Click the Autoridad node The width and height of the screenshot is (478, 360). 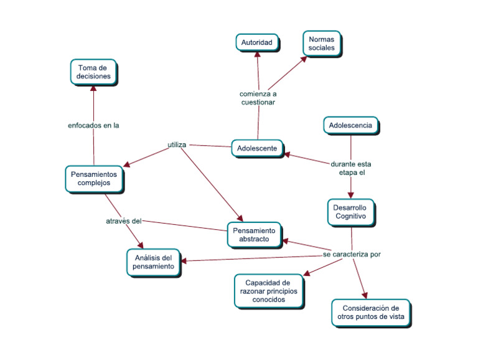coord(256,42)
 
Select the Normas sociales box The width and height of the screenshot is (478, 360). coord(321,43)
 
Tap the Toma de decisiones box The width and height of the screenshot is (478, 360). coord(93,72)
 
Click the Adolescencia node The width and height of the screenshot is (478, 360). coord(350,125)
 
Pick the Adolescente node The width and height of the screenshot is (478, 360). coord(257,148)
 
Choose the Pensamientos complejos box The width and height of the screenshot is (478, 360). coord(94,179)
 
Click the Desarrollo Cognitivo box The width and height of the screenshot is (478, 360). coord(351,212)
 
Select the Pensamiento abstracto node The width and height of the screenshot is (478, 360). coord(254,235)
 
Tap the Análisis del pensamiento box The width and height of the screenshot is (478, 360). coord(153,262)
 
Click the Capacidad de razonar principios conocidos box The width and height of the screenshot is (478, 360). coord(269,291)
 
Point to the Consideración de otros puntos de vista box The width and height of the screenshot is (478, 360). coord(371,313)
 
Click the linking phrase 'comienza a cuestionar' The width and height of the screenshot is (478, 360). coord(258,98)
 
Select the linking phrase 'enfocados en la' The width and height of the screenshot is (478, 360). coord(93,125)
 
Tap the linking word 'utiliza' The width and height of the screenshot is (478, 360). coord(177,145)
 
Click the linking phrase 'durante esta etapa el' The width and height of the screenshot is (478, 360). coord(351,168)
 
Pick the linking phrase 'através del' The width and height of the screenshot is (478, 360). coord(124,220)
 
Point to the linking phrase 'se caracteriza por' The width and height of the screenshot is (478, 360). coord(352,254)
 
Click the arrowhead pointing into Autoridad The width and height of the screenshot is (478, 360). coord(257,55)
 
